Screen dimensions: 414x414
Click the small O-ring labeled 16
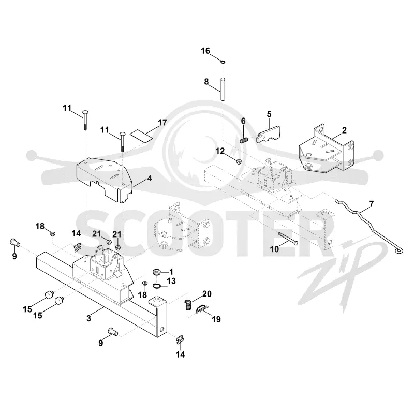click(x=223, y=62)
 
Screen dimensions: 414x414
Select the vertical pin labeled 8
click(x=223, y=88)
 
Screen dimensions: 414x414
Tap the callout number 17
click(x=162, y=123)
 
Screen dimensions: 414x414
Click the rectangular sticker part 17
click(x=142, y=136)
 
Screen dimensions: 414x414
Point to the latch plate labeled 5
click(x=269, y=135)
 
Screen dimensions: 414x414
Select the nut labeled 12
click(x=238, y=161)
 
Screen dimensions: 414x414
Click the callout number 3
click(x=88, y=318)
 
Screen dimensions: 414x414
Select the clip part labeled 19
click(x=202, y=308)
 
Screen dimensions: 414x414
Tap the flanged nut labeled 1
click(x=157, y=271)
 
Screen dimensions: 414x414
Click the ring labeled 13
click(x=158, y=286)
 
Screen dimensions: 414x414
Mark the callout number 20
click(x=206, y=293)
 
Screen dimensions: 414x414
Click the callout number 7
click(x=371, y=204)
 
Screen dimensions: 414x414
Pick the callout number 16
click(x=205, y=51)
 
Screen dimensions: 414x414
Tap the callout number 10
click(x=274, y=249)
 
